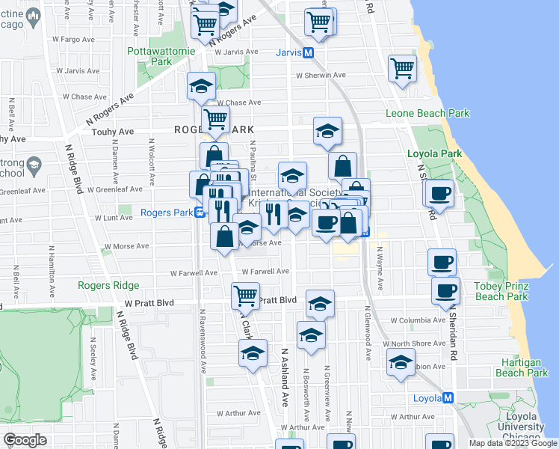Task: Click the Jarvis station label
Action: tap(288, 52)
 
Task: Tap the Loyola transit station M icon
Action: tap(448, 398)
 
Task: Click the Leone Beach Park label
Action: tap(427, 114)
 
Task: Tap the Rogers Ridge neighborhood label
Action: tap(108, 285)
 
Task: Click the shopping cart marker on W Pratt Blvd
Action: tap(245, 296)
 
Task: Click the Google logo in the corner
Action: tap(25, 440)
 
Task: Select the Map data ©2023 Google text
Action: tap(513, 443)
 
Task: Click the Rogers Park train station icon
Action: tap(200, 213)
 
